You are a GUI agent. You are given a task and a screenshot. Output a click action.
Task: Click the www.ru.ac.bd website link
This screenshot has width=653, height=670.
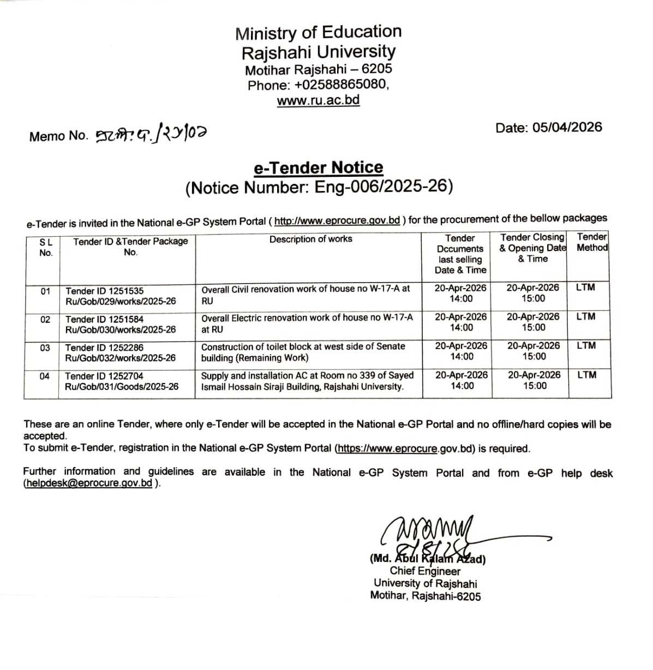coord(318,101)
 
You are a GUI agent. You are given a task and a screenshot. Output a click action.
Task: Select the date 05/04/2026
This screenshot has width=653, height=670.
coord(567,128)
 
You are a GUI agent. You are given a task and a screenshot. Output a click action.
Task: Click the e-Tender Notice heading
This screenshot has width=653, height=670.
coord(319,167)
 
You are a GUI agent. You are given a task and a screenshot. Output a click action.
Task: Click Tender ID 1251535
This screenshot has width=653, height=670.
coord(105,291)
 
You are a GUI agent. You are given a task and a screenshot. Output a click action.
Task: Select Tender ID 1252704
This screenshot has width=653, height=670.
coord(104,376)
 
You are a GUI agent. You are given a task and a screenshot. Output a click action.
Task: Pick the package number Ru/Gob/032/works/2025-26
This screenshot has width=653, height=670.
coord(121,358)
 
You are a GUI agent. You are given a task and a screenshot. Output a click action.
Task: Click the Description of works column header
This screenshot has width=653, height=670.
coord(310,239)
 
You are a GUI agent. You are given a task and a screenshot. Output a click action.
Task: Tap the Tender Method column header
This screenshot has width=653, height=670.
coord(592,242)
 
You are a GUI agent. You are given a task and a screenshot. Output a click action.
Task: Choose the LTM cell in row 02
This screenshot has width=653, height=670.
coord(585,316)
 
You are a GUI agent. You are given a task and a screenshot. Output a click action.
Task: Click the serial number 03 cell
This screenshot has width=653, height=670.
coord(45,348)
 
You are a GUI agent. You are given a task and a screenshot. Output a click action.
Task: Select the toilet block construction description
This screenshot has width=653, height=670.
coord(303,352)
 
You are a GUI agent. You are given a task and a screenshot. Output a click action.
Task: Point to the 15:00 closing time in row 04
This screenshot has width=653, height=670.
coord(535,386)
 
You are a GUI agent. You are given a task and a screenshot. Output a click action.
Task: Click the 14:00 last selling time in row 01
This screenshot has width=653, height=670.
coord(461,298)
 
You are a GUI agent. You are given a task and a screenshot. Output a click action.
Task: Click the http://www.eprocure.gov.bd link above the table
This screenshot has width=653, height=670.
coord(337,221)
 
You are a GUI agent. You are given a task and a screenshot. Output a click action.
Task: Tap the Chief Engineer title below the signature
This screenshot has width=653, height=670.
coord(425,571)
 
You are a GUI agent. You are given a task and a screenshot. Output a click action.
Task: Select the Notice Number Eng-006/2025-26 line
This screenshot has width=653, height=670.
coord(319,188)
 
